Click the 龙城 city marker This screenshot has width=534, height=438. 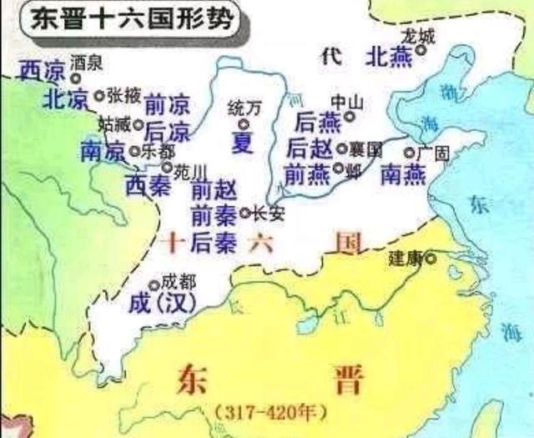click(x=421, y=50)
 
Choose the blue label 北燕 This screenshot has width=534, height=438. click(x=389, y=55)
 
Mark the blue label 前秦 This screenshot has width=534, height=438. click(x=213, y=214)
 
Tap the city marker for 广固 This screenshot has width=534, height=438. click(x=410, y=153)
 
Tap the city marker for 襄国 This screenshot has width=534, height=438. click(x=342, y=149)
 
